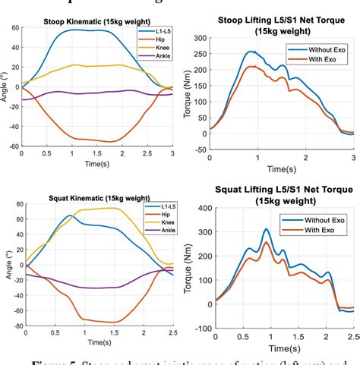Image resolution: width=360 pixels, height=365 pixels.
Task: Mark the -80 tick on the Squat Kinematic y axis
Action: (x=12, y=328)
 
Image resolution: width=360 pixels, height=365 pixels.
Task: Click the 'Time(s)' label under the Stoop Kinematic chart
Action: (x=96, y=163)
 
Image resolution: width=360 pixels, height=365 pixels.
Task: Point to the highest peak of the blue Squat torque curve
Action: (x=266, y=229)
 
